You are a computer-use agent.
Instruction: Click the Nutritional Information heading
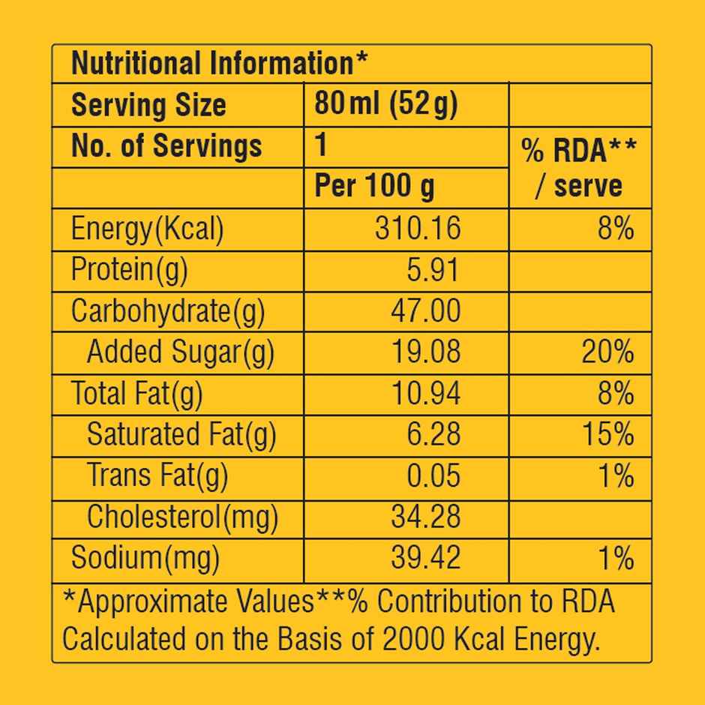[x=219, y=64]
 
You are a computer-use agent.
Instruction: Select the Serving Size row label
[x=148, y=105]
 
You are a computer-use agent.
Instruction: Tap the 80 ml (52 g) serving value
[x=385, y=103]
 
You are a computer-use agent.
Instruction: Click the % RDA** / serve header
[x=579, y=168]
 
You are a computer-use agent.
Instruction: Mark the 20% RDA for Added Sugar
[x=607, y=352]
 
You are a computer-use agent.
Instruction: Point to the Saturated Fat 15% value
[x=607, y=434]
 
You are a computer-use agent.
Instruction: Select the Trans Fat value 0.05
[x=432, y=475]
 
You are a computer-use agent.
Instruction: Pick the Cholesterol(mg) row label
[x=182, y=517]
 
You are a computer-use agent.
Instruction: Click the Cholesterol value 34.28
[x=425, y=517]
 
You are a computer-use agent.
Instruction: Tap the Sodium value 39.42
[x=425, y=558]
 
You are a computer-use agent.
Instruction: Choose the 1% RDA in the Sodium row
[x=616, y=558]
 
